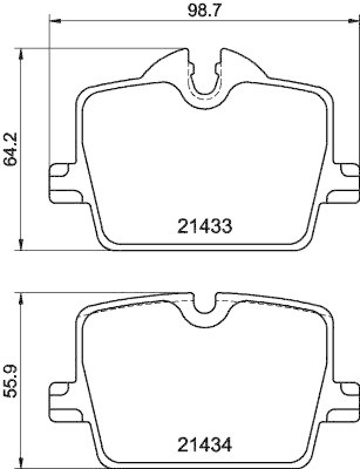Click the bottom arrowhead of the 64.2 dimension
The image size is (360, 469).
coord(22,245)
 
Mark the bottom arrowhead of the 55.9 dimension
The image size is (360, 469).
coord(22,463)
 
